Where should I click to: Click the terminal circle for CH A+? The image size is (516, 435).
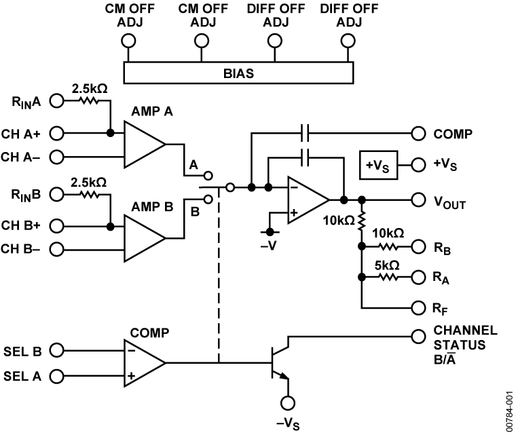click(x=56, y=132)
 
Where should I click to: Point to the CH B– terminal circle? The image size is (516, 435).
click(x=56, y=250)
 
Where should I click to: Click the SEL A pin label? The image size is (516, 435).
click(x=22, y=375)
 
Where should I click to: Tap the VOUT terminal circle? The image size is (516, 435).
click(x=417, y=200)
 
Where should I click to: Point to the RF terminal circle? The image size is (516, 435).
click(x=417, y=307)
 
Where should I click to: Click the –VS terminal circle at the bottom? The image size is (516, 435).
click(x=289, y=402)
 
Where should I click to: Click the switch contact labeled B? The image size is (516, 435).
click(x=208, y=199)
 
